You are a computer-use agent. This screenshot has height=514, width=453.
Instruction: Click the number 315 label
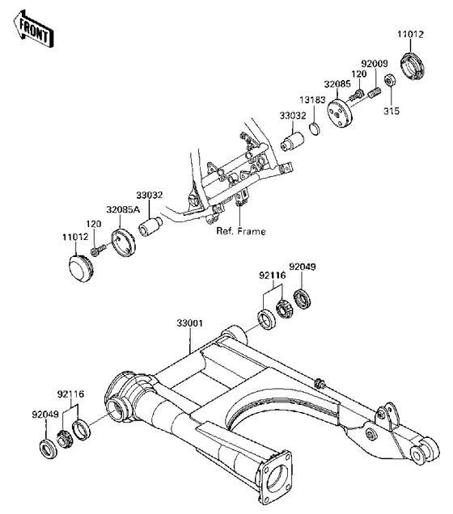(x=391, y=110)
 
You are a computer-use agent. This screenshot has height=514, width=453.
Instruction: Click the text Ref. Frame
(x=240, y=231)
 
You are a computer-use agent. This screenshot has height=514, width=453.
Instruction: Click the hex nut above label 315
(x=390, y=80)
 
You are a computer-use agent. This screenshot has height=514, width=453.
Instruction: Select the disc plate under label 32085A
(x=123, y=242)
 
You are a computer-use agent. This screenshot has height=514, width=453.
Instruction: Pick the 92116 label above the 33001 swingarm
(x=272, y=276)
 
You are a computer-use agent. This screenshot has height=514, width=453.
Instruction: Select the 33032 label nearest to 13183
(x=293, y=116)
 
